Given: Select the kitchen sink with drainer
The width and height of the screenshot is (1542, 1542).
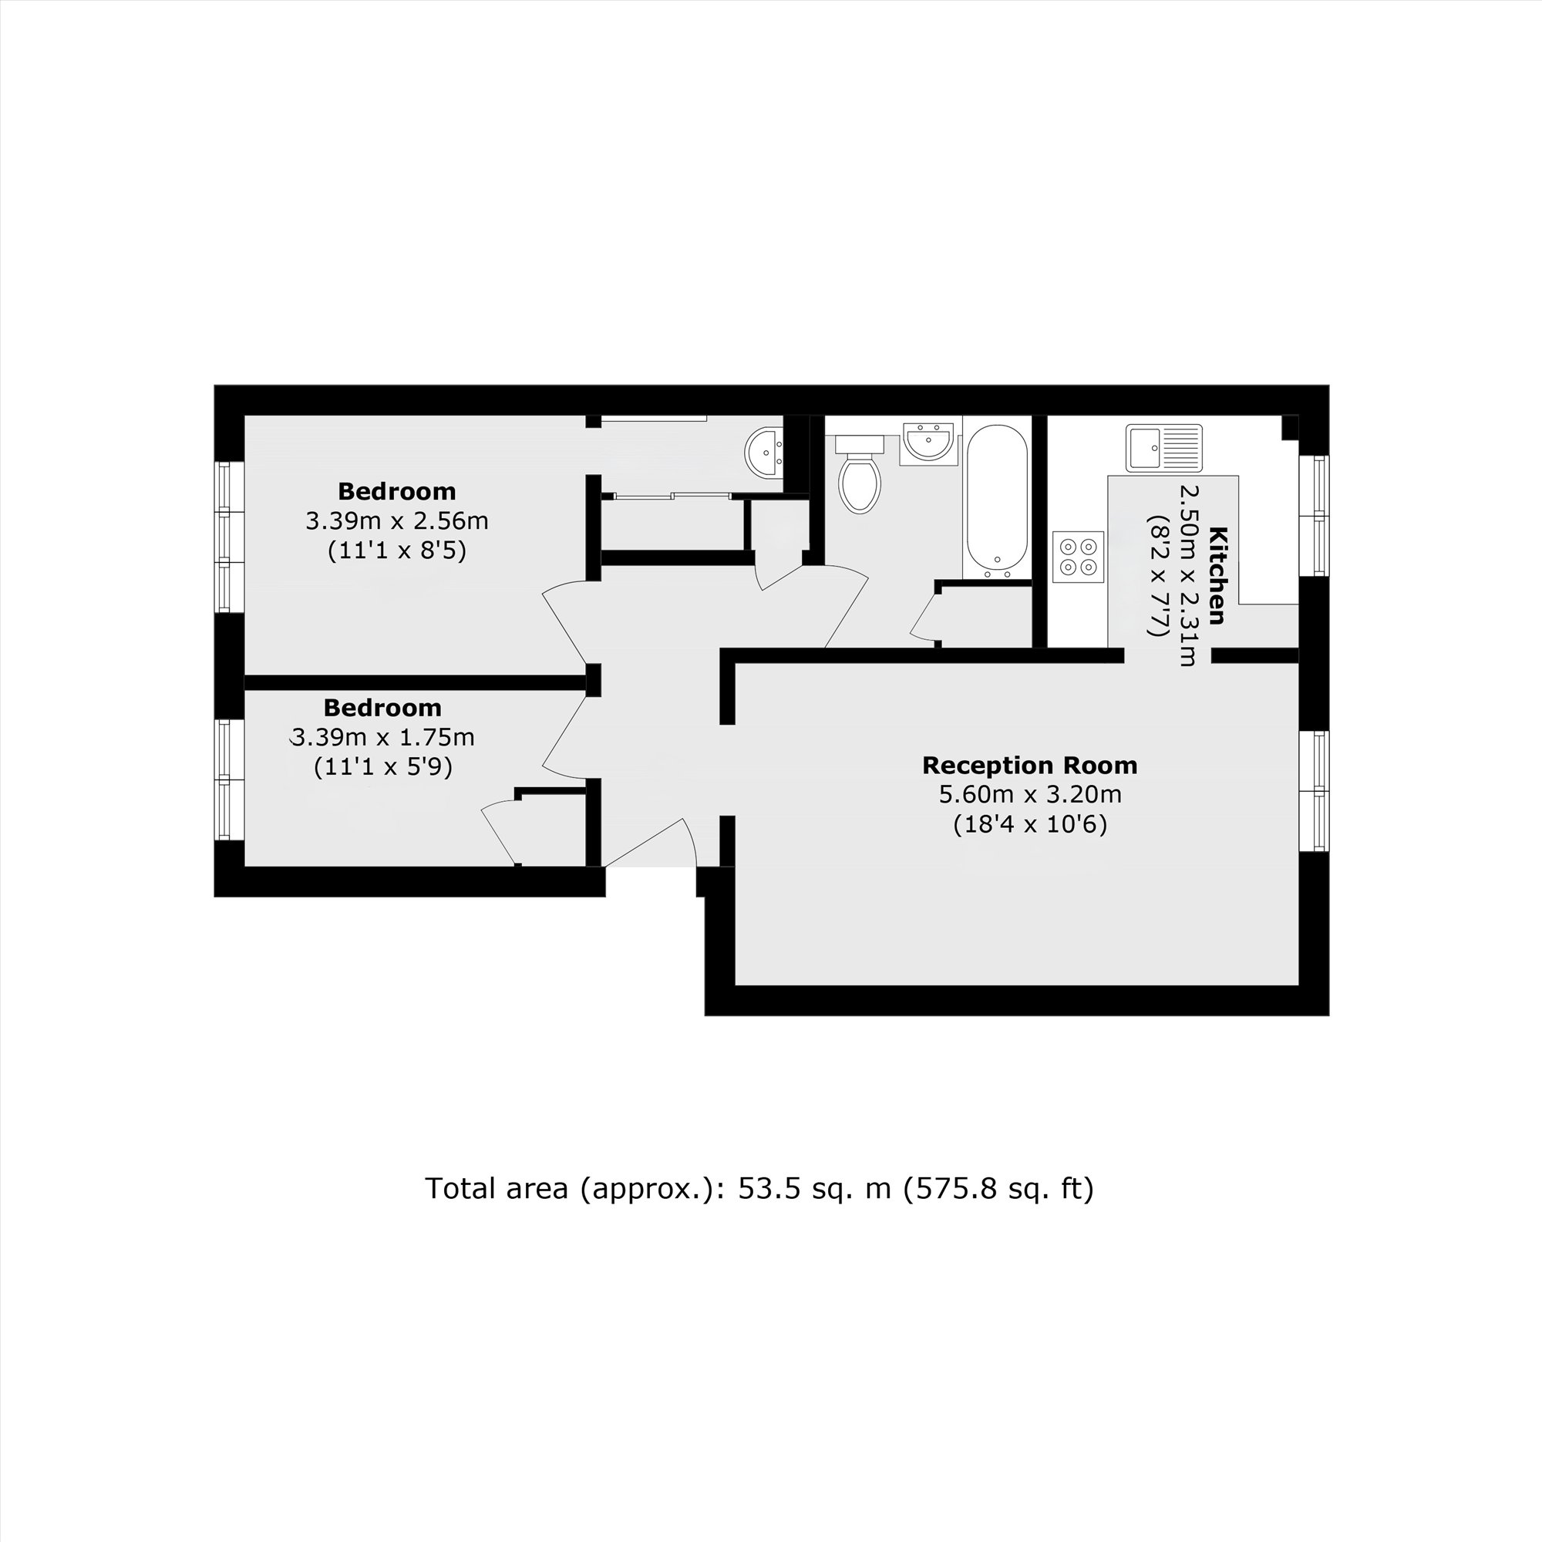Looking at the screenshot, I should point(1163,448).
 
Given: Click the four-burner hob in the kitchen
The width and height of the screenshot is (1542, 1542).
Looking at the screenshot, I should point(1078,557).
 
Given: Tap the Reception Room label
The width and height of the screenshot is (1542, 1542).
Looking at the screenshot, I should point(1029,766).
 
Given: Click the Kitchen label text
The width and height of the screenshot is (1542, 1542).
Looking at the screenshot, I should point(1217,574).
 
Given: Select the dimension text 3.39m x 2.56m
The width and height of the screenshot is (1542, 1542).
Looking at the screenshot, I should point(396,521).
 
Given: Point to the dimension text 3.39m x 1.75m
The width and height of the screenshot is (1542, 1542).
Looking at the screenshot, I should point(382,736).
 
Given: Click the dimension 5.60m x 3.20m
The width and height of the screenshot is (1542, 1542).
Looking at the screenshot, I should point(1029,795).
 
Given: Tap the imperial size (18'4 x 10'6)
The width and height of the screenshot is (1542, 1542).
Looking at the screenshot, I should point(1029,824).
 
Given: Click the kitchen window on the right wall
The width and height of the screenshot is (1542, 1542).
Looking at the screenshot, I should point(1313,516).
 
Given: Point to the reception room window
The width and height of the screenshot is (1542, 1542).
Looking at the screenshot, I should point(1313,790).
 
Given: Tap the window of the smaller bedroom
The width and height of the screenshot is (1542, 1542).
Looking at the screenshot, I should point(229,779).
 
